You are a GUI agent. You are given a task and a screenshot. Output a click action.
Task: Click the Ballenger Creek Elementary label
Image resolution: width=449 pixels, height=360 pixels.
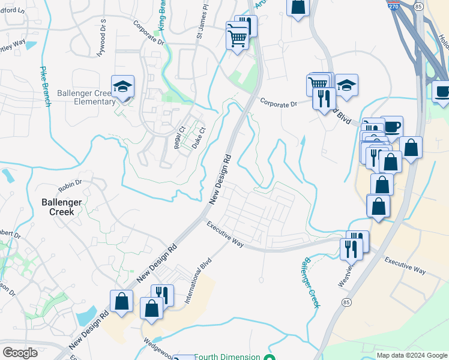click(86, 97)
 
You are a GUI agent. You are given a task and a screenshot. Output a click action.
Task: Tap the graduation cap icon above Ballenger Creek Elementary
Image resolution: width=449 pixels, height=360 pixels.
click(123, 87)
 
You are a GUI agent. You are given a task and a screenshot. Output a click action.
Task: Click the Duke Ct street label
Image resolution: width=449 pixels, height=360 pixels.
click(198, 138)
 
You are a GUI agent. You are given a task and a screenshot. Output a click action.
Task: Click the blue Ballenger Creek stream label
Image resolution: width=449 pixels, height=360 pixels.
click(311, 283)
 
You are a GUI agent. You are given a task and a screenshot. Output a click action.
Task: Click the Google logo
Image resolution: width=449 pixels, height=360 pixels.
click(20, 353)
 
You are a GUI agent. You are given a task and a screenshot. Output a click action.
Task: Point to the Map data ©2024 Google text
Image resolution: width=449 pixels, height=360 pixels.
click(412, 355)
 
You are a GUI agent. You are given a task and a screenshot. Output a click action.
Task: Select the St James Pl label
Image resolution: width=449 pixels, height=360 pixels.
click(202, 24)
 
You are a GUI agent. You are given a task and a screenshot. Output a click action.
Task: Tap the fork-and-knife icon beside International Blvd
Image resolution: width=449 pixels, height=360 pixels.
click(162, 294)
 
